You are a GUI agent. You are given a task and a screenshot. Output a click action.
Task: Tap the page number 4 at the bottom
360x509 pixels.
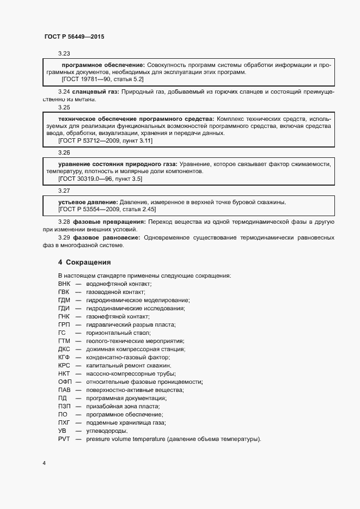click(44, 463)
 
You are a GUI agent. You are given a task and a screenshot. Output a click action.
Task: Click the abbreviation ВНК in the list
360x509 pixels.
click(64, 284)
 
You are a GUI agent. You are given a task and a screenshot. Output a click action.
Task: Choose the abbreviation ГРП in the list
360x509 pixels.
click(64, 324)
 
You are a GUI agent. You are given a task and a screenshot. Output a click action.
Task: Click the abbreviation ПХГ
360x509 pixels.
click(64, 422)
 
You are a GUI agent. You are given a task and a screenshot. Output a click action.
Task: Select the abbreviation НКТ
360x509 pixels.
click(64, 373)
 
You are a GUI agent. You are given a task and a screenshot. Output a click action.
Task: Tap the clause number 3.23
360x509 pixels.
click(64, 53)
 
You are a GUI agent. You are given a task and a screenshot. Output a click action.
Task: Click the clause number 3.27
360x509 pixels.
click(64, 191)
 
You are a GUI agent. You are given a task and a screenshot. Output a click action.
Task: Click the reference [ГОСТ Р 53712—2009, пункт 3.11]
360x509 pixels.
click(105, 140)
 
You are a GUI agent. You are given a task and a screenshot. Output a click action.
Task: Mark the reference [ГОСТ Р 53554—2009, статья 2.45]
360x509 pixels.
click(107, 209)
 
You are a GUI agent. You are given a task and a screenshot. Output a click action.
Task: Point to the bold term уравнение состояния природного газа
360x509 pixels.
click(117, 163)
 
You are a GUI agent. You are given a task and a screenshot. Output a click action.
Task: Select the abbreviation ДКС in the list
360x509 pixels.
click(64, 349)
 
